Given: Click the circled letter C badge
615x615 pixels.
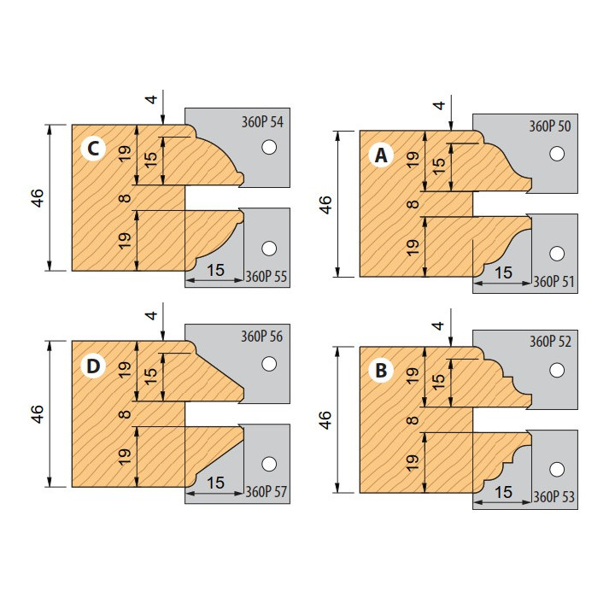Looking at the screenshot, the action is click(x=93, y=149).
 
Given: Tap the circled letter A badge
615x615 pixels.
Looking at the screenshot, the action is click(x=381, y=155).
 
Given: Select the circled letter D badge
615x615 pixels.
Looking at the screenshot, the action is click(x=93, y=366).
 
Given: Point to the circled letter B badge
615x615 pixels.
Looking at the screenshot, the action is click(x=381, y=370).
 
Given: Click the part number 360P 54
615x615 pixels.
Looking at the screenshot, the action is click(x=262, y=122).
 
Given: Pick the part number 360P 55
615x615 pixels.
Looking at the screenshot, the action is click(x=266, y=277).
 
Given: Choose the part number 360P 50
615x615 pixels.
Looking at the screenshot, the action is click(x=550, y=126).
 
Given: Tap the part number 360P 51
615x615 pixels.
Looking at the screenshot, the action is click(x=553, y=282).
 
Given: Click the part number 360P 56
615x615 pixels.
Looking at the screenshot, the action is click(x=261, y=337).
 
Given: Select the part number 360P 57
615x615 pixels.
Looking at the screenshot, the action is click(x=266, y=491).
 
